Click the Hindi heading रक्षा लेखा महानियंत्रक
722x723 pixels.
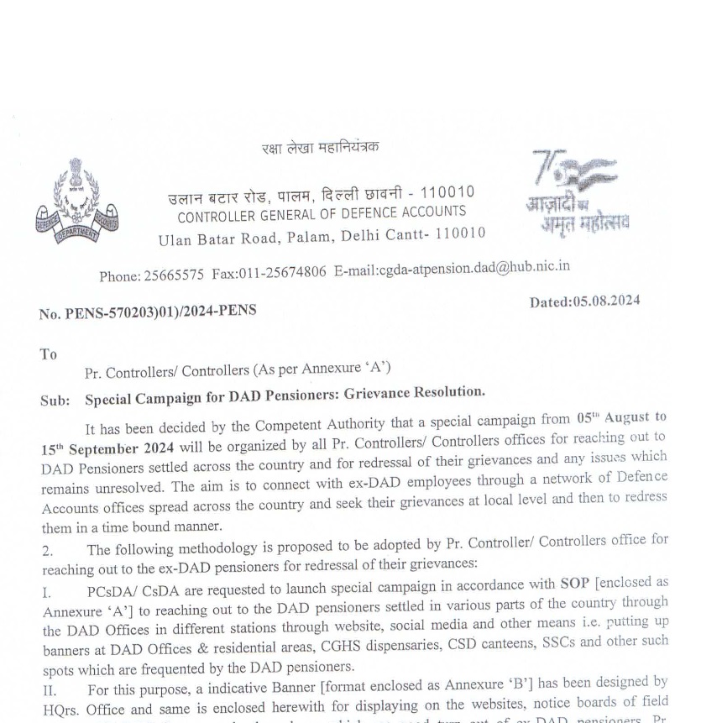[320, 148]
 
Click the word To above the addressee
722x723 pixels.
[48, 354]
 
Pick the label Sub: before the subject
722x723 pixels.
[55, 401]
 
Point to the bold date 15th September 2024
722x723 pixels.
[108, 448]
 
